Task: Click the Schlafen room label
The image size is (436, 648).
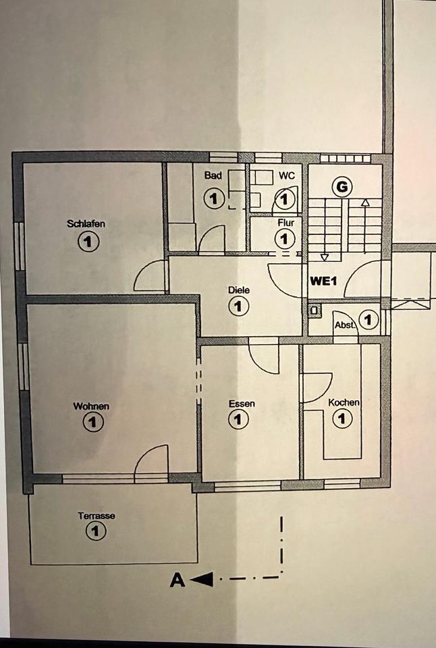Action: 86,224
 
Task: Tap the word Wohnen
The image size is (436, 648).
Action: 91,406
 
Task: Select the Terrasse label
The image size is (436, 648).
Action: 96,516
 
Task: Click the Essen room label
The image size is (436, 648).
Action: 242,404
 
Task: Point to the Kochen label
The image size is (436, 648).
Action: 344,402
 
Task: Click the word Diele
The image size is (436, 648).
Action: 239,290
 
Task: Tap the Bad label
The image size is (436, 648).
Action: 213,175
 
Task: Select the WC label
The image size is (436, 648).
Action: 287,175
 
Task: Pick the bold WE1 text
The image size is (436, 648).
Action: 323,281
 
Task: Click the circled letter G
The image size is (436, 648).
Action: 342,187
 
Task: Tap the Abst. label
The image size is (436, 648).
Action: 345,325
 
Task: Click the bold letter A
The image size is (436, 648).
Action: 178,580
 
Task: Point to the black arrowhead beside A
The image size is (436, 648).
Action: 203,579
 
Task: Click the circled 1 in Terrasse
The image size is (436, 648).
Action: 96,532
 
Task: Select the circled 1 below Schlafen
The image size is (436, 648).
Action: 88,241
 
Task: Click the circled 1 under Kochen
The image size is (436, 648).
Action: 343,419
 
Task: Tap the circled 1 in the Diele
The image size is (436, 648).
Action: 238,307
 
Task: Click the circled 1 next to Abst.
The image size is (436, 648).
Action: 368,319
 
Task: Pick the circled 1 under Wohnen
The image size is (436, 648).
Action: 92,423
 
